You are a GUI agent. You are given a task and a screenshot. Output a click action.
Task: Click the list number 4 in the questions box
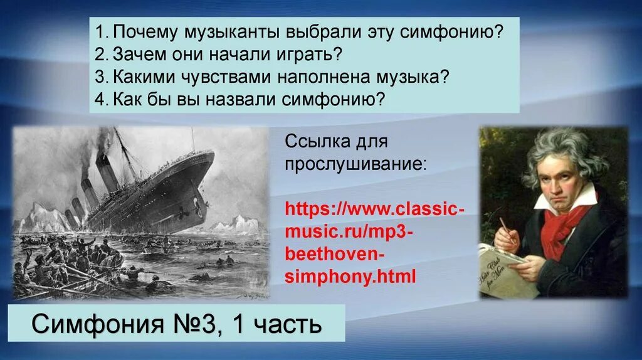pyautogui.click(x=100, y=98)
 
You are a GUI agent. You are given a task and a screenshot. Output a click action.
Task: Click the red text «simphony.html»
pyautogui.click(x=350, y=277)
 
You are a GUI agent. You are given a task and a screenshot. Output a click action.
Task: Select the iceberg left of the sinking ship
pyautogui.click(x=44, y=216)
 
